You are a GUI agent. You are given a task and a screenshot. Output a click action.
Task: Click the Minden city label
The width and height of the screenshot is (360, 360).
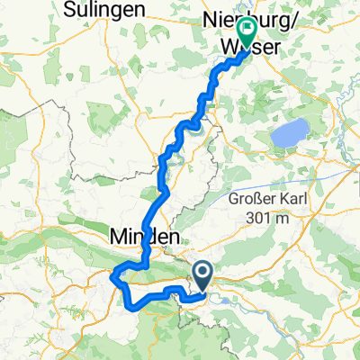(x=144, y=236)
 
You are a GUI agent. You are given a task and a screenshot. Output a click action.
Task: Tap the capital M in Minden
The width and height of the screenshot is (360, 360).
(x=118, y=236)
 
